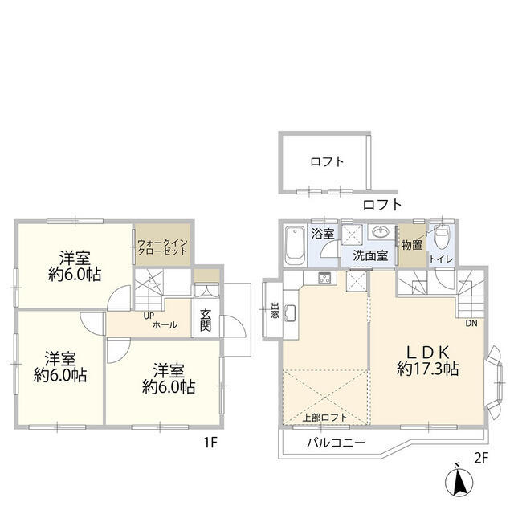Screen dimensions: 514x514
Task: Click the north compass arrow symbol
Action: point(459,480)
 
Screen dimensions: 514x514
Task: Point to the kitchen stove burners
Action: point(324,279)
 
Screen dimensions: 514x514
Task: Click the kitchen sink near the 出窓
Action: point(291,314)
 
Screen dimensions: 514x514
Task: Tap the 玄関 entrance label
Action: point(206,320)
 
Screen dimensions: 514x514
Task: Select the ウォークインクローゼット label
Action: point(162,247)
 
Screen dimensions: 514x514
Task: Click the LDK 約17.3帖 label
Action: point(428,361)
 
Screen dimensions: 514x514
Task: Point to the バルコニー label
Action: point(336,443)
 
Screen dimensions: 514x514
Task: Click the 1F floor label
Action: point(210,443)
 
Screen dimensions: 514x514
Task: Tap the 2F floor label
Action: point(481,458)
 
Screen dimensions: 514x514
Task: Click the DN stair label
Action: point(471,323)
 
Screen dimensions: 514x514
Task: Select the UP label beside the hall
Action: point(149,316)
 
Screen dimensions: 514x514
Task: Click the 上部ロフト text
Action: point(324,418)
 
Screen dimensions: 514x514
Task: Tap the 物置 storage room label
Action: point(412,245)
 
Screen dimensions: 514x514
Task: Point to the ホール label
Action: point(165,324)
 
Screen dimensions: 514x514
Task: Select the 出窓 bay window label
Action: point(275,310)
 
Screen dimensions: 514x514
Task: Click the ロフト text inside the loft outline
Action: point(327,161)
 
